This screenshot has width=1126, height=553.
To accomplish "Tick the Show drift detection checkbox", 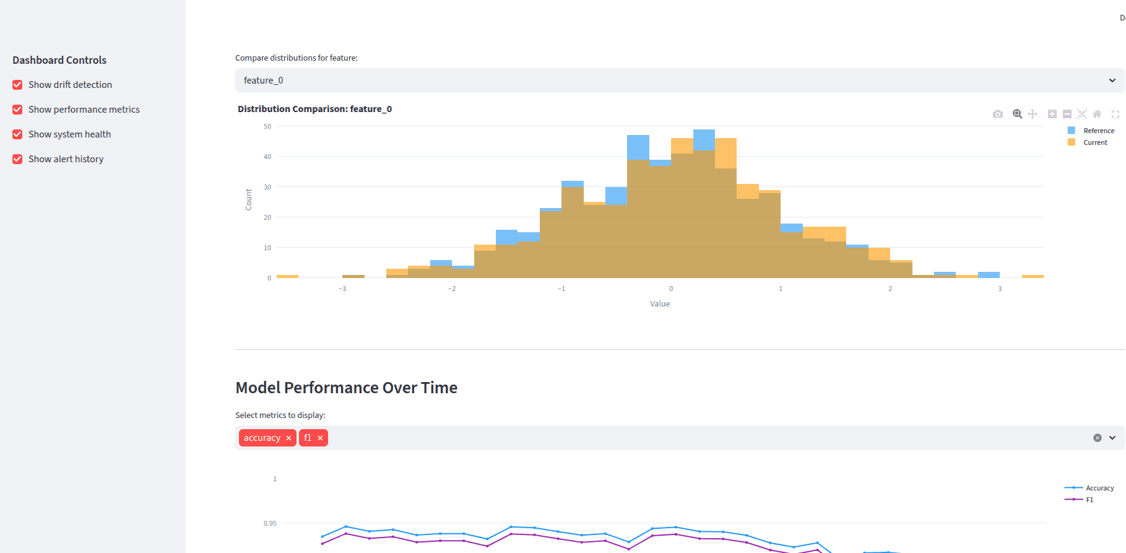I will [17, 85].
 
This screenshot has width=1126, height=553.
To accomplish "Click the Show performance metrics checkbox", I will [17, 110].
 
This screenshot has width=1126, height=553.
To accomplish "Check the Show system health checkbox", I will [17, 134].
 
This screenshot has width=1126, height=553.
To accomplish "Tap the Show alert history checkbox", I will [17, 159].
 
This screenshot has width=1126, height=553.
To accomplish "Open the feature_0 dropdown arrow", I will [1112, 81].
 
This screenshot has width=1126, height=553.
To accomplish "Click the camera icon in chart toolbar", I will [997, 114].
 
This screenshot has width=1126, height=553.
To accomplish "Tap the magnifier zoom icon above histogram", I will [1017, 114].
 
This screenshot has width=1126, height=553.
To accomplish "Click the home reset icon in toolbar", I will [1097, 114].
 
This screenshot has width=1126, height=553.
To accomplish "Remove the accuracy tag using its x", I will [288, 438].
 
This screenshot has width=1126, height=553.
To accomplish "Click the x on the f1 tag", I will [320, 438].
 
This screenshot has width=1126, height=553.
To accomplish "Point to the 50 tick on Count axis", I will [267, 126].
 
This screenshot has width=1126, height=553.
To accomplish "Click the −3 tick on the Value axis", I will [342, 289].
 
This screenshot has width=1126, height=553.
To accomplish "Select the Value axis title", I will [660, 303].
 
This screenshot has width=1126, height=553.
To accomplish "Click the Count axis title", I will [249, 199].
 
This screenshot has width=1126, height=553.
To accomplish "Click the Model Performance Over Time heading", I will [346, 388].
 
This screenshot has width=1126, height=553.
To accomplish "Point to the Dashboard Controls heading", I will [59, 60].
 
